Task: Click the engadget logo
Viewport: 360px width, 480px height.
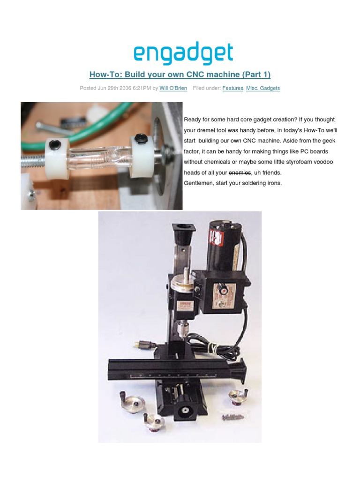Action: (x=183, y=54)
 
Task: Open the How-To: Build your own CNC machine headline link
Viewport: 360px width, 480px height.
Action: (x=180, y=75)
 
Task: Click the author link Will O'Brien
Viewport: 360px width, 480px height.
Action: (x=173, y=88)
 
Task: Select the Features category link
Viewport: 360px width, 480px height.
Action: (x=232, y=88)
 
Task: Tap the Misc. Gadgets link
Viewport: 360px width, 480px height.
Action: (x=263, y=88)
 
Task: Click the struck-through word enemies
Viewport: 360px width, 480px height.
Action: (x=240, y=172)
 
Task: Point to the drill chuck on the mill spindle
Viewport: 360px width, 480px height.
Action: (x=183, y=329)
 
